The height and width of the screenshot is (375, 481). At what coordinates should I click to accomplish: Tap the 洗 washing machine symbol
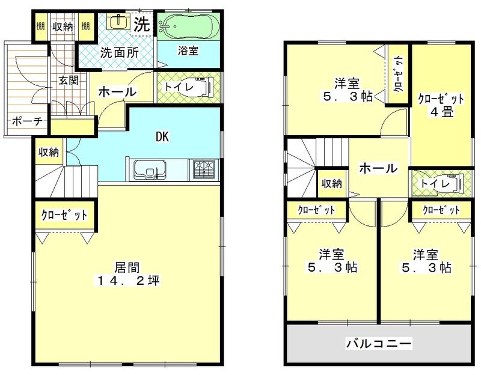(x=141, y=25)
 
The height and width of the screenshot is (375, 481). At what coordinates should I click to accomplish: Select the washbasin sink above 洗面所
(x=117, y=23)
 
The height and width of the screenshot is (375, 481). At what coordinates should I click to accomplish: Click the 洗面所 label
(x=119, y=52)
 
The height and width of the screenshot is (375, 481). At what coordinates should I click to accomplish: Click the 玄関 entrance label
(x=69, y=80)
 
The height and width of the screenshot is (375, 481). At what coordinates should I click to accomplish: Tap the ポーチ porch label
(x=26, y=121)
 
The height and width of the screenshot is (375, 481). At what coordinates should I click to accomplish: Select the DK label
(x=162, y=136)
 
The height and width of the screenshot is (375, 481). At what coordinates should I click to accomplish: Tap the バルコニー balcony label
(x=378, y=344)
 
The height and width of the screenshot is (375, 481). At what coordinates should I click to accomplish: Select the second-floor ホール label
(x=378, y=169)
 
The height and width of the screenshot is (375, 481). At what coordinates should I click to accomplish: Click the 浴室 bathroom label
(x=188, y=50)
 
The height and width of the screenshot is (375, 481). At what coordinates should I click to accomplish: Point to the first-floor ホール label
(x=117, y=92)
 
